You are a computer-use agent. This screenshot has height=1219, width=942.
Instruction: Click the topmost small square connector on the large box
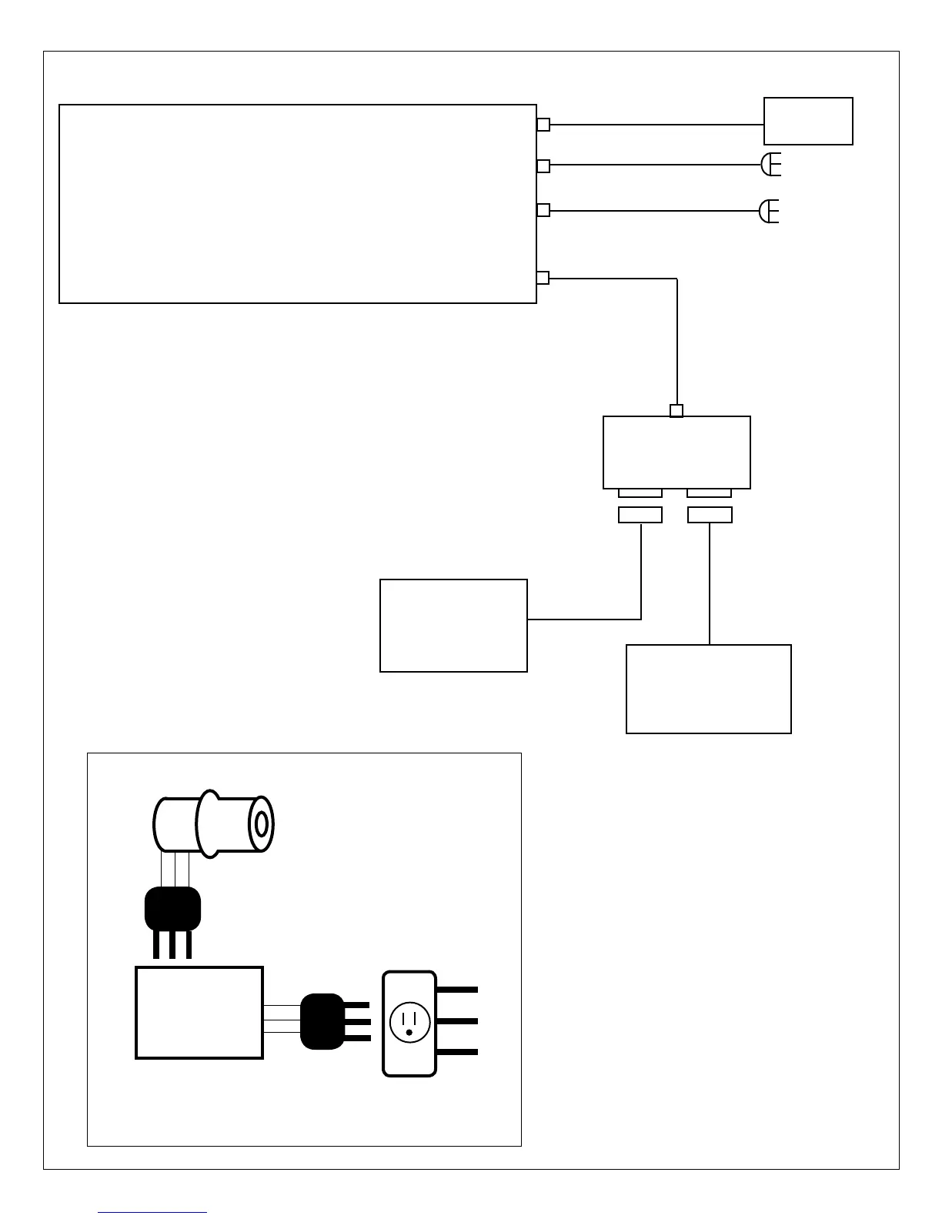click(543, 125)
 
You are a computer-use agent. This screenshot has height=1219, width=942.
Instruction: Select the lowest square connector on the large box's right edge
click(543, 278)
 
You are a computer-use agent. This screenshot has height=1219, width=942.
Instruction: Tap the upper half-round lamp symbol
click(770, 165)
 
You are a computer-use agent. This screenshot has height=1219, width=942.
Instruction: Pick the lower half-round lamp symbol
click(769, 211)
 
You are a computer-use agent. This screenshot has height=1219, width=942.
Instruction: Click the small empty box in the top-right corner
click(808, 121)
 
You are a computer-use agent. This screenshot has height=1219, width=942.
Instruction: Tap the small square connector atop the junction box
click(676, 411)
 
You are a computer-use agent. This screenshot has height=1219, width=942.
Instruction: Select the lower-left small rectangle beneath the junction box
click(640, 515)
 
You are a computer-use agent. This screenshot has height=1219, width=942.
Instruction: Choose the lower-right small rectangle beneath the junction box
click(710, 515)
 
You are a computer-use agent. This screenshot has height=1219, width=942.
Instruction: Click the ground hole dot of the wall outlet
click(409, 1032)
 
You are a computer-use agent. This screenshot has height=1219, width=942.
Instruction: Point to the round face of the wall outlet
click(409, 1022)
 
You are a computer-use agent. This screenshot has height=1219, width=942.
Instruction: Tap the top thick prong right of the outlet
click(457, 989)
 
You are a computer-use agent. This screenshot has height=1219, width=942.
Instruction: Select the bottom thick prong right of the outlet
click(457, 1052)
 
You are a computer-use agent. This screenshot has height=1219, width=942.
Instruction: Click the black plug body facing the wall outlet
click(322, 1021)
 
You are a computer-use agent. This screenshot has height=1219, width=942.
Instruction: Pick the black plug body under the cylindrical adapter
click(173, 909)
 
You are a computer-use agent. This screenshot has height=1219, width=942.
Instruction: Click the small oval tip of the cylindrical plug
click(262, 824)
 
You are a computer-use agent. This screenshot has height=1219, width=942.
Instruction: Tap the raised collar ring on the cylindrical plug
click(209, 823)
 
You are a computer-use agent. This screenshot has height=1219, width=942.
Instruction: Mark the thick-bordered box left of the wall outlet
click(199, 1013)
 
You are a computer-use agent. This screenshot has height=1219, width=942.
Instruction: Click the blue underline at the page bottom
click(152, 1214)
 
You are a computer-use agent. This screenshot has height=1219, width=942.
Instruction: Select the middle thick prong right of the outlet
click(457, 1020)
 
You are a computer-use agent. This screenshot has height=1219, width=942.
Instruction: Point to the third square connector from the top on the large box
click(543, 210)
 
